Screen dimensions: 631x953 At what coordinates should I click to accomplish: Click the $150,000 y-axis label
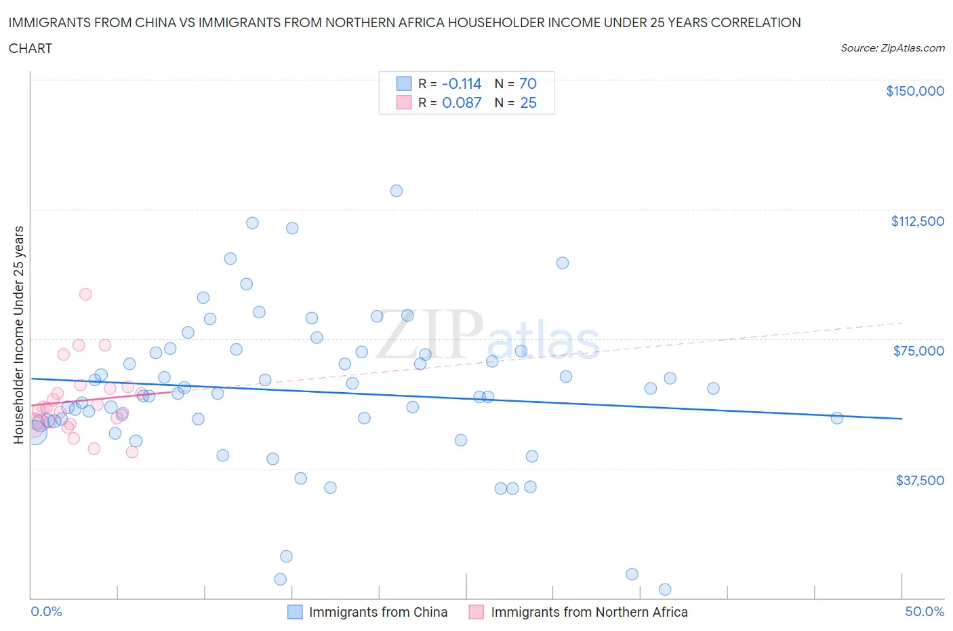tap(914, 91)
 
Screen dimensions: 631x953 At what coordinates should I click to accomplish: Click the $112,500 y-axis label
tap(917, 221)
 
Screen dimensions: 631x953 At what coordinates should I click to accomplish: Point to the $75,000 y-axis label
tap(918, 351)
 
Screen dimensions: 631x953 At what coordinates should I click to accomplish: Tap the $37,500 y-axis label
tap(919, 480)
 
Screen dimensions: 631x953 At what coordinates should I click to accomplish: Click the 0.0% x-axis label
tap(46, 611)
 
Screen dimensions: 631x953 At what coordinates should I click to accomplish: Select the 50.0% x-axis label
tap(925, 611)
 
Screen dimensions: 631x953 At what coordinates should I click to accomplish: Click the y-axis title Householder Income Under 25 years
tap(18, 334)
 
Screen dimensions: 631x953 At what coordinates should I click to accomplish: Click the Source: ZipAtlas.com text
tap(892, 48)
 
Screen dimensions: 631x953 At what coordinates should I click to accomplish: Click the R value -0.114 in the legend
tap(461, 83)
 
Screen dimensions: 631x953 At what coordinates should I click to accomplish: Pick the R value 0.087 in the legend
tap(462, 102)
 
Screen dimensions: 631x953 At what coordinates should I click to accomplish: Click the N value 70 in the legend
tap(527, 83)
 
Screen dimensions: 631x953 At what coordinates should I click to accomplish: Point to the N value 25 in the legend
tap(528, 102)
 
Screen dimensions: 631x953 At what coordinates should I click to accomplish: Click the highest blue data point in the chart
tap(397, 191)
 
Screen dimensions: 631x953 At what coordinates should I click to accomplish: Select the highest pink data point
tap(85, 294)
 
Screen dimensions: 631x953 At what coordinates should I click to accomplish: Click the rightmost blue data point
tap(836, 418)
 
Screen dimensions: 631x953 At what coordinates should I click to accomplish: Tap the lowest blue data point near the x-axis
tap(665, 589)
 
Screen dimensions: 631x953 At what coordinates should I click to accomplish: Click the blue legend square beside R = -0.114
tap(404, 83)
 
